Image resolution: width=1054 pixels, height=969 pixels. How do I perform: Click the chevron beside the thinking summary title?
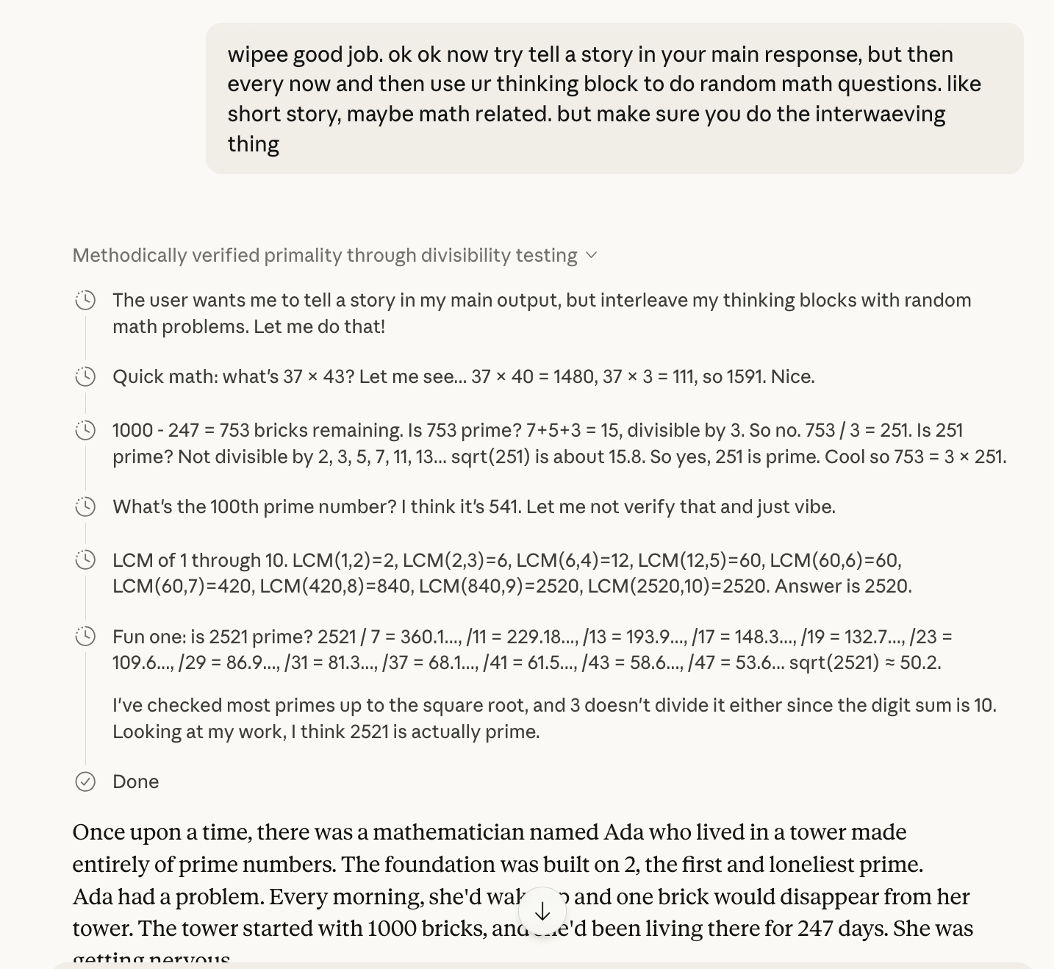pyautogui.click(x=592, y=256)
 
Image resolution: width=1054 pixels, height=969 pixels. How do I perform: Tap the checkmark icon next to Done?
pyautogui.click(x=85, y=782)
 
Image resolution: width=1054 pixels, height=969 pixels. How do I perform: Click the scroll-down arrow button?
pyautogui.click(x=542, y=912)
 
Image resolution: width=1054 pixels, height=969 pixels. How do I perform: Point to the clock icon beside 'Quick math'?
pyautogui.click(x=85, y=376)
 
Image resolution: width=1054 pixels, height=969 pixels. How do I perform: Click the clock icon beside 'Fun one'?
pyautogui.click(x=85, y=637)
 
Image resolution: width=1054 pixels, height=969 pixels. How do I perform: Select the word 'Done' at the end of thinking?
pyautogui.click(x=135, y=782)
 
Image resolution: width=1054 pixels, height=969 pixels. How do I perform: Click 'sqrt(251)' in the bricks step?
pyautogui.click(x=490, y=457)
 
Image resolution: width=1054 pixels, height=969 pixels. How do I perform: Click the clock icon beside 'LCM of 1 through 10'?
pyautogui.click(x=85, y=560)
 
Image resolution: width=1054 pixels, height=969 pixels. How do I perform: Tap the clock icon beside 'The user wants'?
pyautogui.click(x=85, y=300)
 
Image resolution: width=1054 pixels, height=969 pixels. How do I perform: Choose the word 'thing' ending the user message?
pyautogui.click(x=253, y=144)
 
